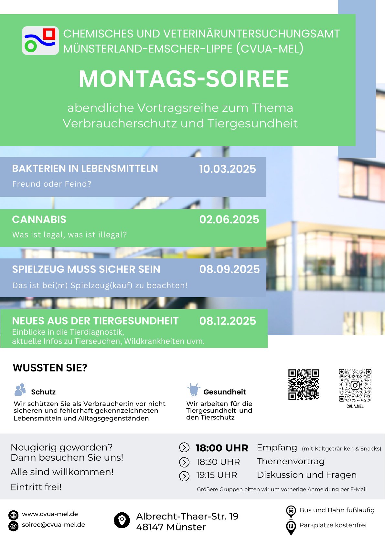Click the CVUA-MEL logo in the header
40,41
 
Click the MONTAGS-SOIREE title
184,79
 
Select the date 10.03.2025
227,169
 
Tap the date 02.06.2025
229,220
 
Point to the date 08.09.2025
229,269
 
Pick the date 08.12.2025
228,321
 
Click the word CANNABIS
39,220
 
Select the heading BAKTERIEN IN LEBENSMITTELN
85,169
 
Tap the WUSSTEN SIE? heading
50,368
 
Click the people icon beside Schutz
20,390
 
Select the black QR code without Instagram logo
304,384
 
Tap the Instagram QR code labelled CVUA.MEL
355,385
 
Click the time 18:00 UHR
222,448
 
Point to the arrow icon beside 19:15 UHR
184,476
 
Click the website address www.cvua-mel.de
50,514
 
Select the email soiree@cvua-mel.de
53,525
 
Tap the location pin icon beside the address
122,520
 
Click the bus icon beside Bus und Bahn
291,511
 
